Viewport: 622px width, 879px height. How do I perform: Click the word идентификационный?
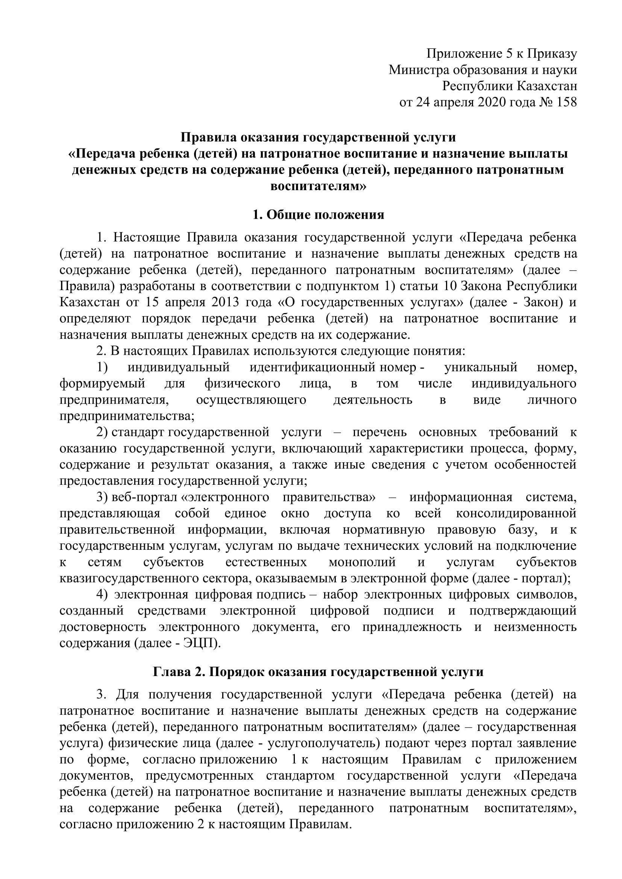(312, 367)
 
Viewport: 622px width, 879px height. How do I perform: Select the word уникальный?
(481, 367)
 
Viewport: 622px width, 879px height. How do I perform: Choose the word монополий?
(362, 563)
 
